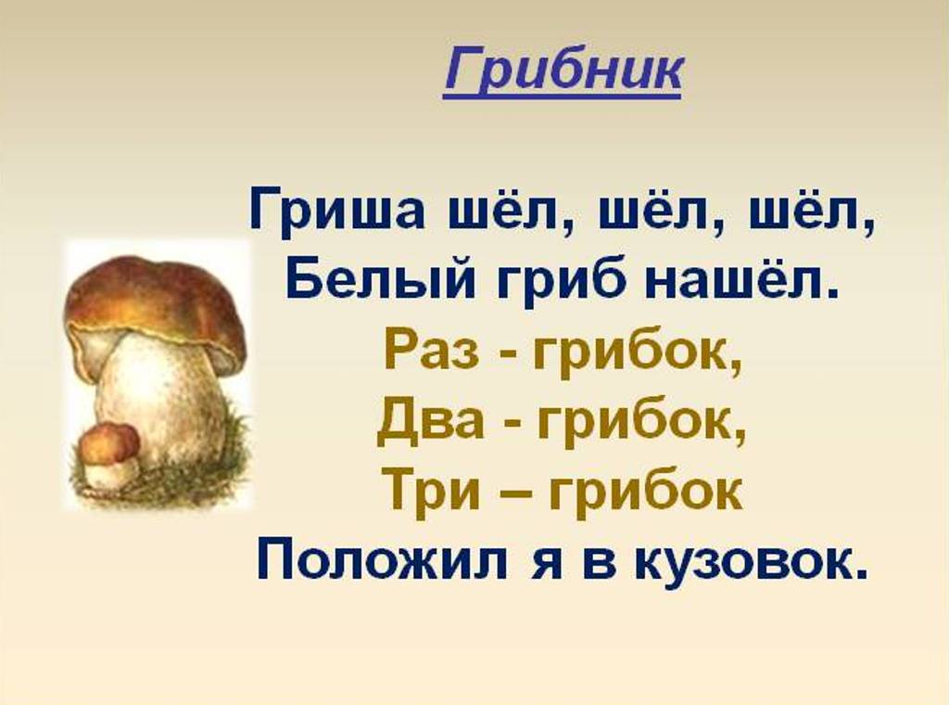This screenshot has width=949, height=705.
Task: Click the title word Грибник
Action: pos(563,73)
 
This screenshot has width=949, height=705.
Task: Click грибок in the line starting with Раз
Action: pos(637,353)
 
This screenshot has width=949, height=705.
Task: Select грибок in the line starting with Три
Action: pos(646,490)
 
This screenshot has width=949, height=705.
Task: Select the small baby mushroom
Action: pos(110,455)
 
